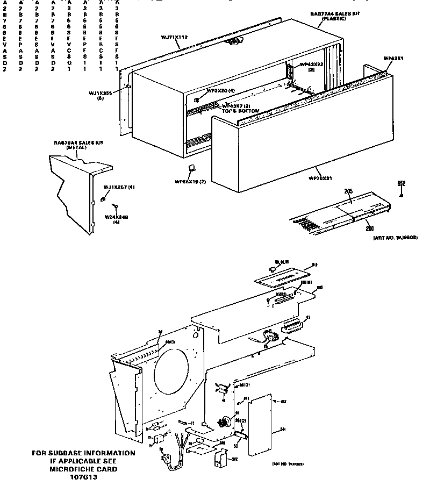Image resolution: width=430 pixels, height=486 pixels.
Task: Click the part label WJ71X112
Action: coord(174,37)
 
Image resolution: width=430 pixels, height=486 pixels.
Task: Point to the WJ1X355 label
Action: coord(100,93)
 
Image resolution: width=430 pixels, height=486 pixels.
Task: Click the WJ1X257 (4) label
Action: coord(119,187)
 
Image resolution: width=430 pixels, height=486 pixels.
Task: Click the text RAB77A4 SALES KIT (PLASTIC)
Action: coord(329,15)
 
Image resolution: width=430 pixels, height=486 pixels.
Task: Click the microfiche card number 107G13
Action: coord(82,477)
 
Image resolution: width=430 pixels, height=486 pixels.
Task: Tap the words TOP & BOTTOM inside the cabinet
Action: coord(241,111)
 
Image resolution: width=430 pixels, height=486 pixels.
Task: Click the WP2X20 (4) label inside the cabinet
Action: coord(220,90)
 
